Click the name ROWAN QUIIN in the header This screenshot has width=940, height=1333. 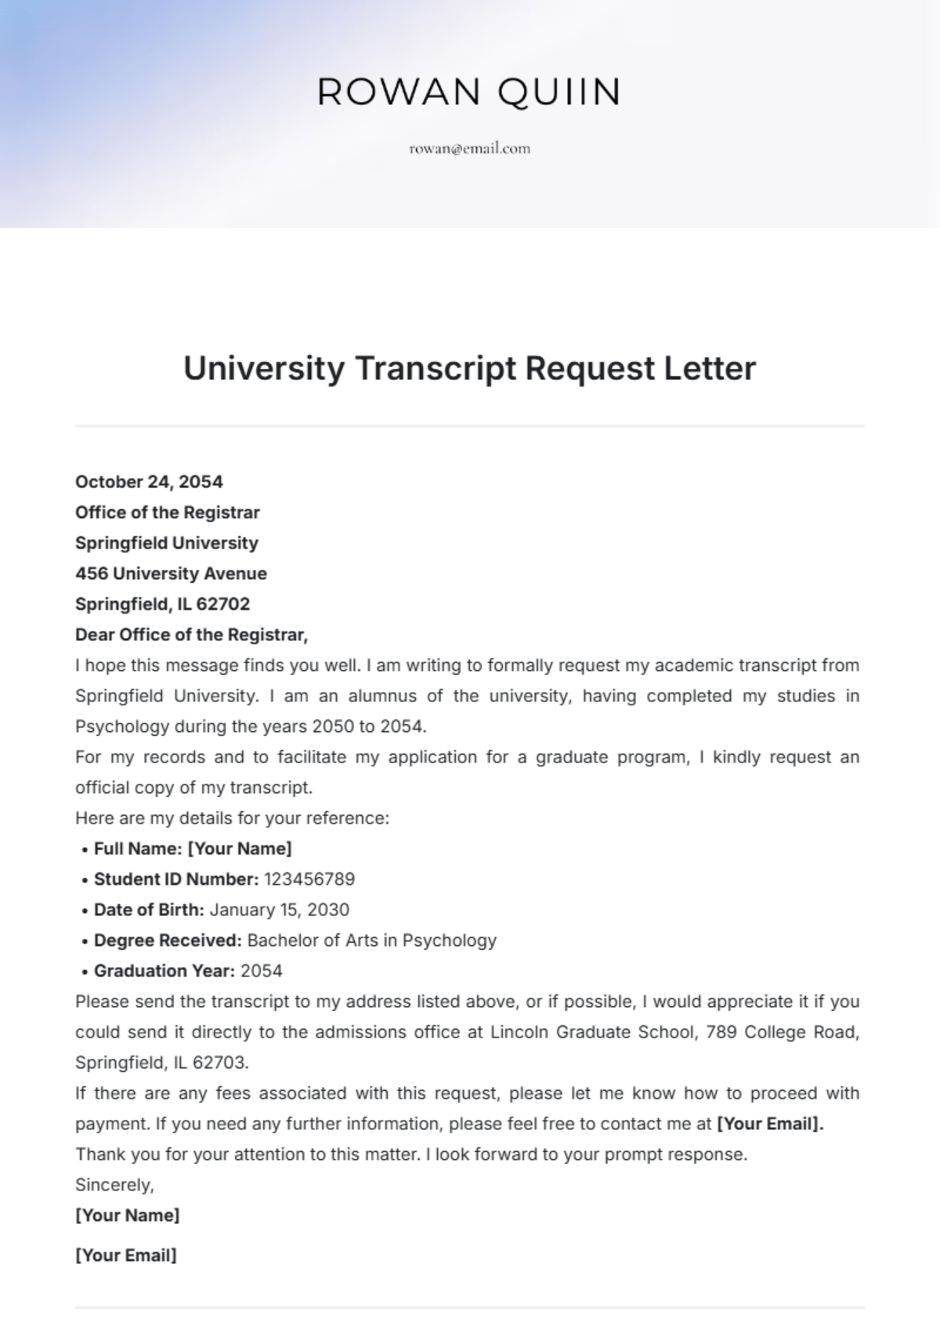pos(469,92)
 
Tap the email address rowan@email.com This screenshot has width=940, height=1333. pos(469,148)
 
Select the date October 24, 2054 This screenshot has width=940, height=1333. pos(149,482)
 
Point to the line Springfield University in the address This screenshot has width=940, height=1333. pos(166,543)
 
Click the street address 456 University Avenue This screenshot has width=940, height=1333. pos(171,574)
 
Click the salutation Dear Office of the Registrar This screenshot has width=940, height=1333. pos(191,635)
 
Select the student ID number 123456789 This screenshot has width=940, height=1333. pos(309,879)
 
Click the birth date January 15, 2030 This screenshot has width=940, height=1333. pos(280,910)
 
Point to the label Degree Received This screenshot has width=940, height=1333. pos(168,940)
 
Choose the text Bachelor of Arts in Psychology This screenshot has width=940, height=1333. pos(372,940)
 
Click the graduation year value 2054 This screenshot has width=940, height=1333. pos(262,971)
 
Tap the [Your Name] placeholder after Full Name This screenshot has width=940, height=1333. pos(240,849)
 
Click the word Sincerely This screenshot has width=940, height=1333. pos(114,1185)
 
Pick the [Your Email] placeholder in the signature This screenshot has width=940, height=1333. pos(126,1255)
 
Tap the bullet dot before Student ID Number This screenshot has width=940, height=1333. pos(84,880)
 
